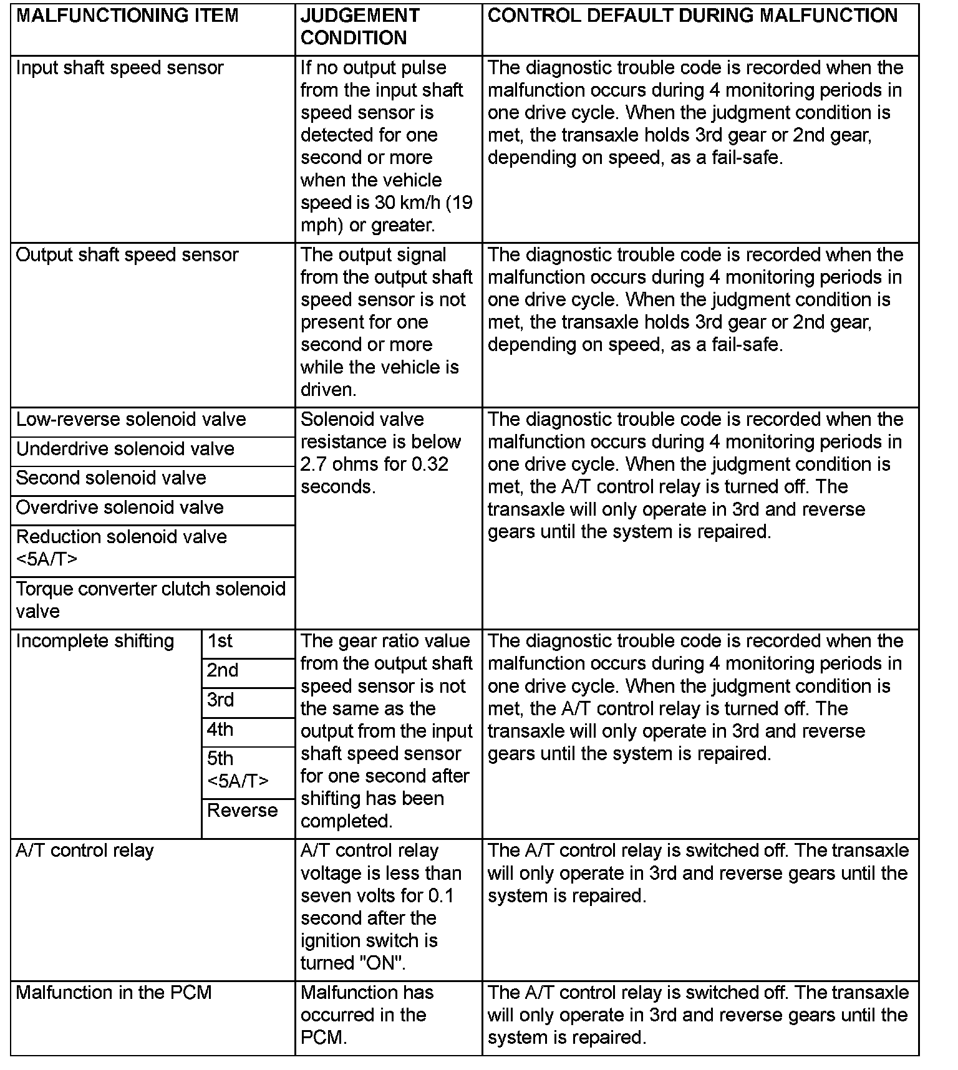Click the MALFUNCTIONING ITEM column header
[127, 16]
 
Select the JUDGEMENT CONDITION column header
[360, 27]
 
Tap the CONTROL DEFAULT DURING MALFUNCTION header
[692, 16]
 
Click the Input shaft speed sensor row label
[120, 68]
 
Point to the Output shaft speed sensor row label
[127, 255]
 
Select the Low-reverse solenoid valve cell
[131, 420]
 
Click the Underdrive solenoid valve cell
[125, 449]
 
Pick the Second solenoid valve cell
[111, 478]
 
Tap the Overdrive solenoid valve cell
[120, 508]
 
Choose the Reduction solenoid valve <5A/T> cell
[122, 548]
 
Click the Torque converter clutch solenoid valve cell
[150, 600]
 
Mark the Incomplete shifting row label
[95, 642]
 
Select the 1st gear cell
[220, 642]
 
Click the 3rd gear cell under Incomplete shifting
[221, 700]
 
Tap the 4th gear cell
[221, 730]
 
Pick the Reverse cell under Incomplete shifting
[243, 811]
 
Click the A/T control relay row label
[85, 851]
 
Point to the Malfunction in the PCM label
[114, 993]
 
